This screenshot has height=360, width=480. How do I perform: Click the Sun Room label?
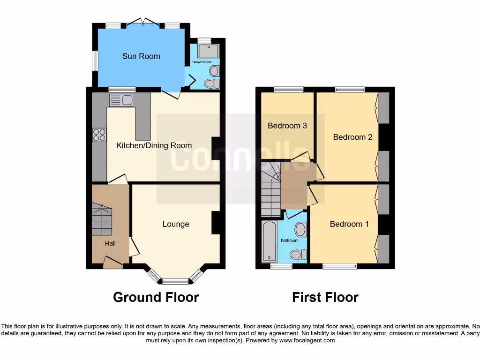(x=141, y=56)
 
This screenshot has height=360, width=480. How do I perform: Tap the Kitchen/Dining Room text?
(x=154, y=145)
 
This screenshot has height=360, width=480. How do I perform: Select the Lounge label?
(x=176, y=224)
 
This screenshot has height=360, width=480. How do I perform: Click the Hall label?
(x=110, y=243)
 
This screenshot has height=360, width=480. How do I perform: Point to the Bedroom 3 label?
(x=287, y=126)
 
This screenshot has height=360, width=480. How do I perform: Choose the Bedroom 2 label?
(x=352, y=137)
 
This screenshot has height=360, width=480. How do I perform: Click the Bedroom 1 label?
(x=349, y=224)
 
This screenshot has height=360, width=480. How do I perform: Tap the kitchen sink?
(x=122, y=99)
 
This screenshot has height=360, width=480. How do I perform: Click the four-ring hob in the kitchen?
(x=99, y=135)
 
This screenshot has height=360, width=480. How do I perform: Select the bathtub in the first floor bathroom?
(x=270, y=241)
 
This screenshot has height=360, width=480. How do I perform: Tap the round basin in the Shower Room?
(x=214, y=71)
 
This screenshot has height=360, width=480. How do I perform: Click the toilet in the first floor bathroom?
(x=297, y=255)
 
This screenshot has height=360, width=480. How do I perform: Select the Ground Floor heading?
(x=156, y=297)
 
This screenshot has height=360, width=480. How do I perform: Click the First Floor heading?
(x=325, y=297)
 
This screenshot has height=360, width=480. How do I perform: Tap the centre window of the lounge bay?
(x=175, y=281)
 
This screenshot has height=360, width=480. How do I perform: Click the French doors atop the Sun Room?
(x=142, y=22)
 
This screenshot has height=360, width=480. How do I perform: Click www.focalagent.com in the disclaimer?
(x=307, y=340)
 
